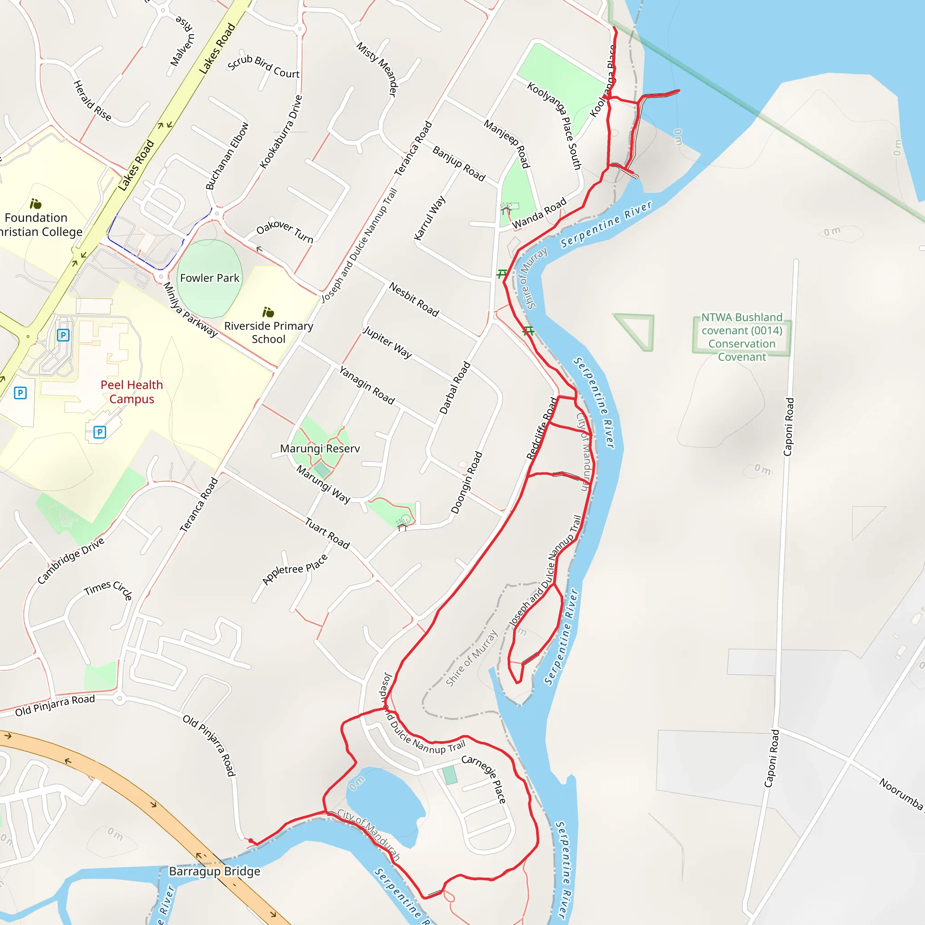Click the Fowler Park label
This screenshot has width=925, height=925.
coord(209,278)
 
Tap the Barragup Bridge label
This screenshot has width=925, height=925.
coord(215,871)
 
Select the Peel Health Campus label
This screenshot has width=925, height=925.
coord(132,392)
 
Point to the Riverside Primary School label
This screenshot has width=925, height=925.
coord(269,332)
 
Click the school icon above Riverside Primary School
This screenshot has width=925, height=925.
coord(268,313)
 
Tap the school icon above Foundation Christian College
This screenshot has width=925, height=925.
coord(35,204)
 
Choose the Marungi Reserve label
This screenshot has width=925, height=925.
coord(320,448)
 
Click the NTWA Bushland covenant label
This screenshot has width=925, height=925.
coord(742,336)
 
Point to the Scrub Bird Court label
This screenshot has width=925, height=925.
coord(263,66)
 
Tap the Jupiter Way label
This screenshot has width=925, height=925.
coord(388,342)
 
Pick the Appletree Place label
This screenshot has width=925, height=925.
coord(295,569)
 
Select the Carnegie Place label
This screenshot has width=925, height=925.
coord(484,779)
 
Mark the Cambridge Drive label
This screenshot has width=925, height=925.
coord(71,561)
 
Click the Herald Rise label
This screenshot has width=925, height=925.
coord(92,101)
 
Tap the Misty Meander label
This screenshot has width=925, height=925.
coord(377,69)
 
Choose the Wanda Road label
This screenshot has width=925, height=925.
coord(539,214)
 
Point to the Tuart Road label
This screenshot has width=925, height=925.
coord(327,533)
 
